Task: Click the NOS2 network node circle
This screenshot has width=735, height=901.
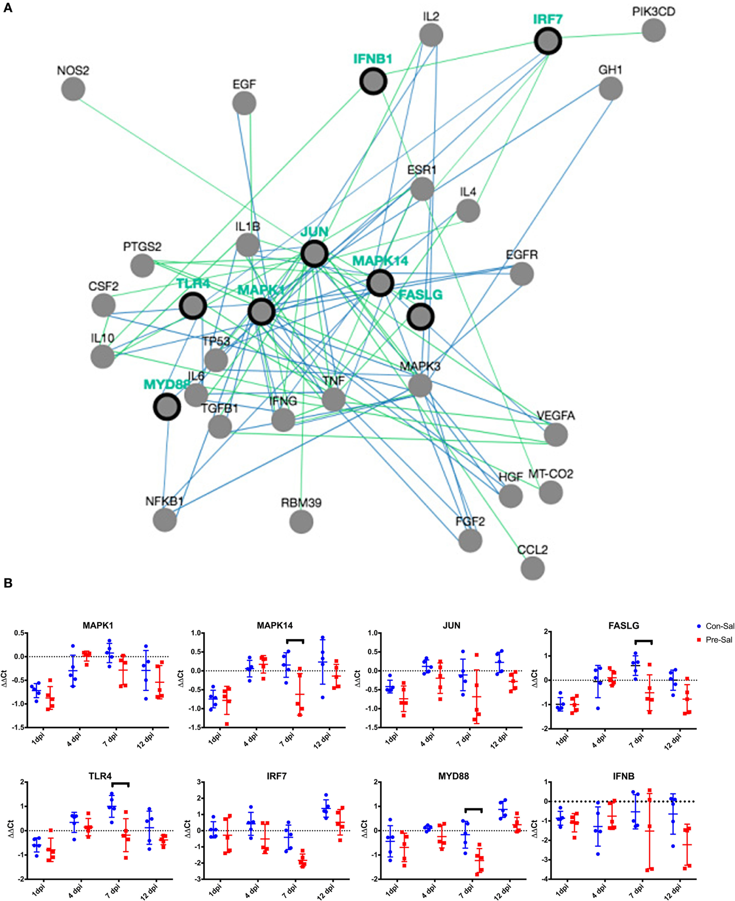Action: point(73,89)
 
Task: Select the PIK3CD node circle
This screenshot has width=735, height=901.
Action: point(653,30)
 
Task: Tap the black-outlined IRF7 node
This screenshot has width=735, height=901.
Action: point(548,41)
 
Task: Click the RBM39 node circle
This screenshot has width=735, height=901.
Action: point(302,521)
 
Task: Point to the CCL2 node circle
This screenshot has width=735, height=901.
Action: point(533,568)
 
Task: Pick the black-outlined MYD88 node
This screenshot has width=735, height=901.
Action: point(167,407)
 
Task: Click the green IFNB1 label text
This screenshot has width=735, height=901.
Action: point(373,59)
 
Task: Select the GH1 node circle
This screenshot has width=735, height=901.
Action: point(611,89)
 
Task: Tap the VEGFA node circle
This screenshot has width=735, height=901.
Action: point(555,434)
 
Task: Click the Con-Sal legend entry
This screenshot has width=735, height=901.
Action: point(716,626)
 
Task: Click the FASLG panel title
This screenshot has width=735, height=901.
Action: point(623,626)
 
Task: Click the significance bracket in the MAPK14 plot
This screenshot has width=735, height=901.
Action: point(295,640)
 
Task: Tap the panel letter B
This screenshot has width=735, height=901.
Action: point(7,583)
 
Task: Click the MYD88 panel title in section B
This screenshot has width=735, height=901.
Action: point(453,776)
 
